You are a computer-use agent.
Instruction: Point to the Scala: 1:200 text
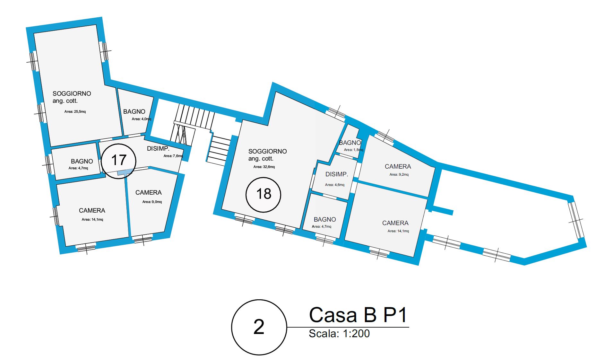pos(339,334)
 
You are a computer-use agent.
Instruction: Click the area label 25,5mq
pos(75,112)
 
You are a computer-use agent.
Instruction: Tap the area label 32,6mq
pos(264,167)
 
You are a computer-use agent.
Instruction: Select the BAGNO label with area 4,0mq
pos(134,111)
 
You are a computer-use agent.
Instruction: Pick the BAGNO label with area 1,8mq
pos(350,143)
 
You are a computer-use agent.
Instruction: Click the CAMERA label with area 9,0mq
pos(148,192)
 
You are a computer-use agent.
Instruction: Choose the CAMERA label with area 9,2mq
pos(398,166)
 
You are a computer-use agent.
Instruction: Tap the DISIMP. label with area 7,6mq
pos(158,148)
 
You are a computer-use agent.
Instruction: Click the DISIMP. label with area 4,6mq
pos(337,174)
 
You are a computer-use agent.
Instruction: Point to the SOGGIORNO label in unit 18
pos(267,151)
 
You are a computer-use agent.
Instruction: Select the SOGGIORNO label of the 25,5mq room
pos(72,93)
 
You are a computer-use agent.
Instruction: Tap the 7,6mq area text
pos(173,156)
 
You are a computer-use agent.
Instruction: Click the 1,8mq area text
pos(354,150)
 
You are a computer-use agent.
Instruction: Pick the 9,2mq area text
pos(399,175)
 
